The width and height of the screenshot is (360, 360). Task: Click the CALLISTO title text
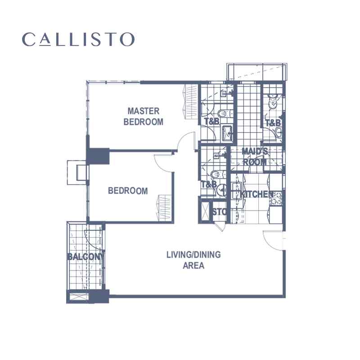[78, 39]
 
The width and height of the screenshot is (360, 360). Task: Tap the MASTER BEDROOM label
[144, 117]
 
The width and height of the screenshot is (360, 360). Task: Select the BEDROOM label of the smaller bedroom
[128, 191]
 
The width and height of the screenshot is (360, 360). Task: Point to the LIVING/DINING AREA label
[193, 260]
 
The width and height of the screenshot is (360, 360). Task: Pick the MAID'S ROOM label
[255, 157]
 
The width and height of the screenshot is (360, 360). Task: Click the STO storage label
[219, 211]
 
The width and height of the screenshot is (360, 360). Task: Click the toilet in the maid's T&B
[273, 100]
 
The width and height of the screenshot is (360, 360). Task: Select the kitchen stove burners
[277, 198]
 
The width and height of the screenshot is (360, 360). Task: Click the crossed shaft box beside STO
[205, 211]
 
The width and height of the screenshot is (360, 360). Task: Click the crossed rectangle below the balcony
[79, 297]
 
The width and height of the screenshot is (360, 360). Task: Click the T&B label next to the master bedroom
[211, 121]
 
